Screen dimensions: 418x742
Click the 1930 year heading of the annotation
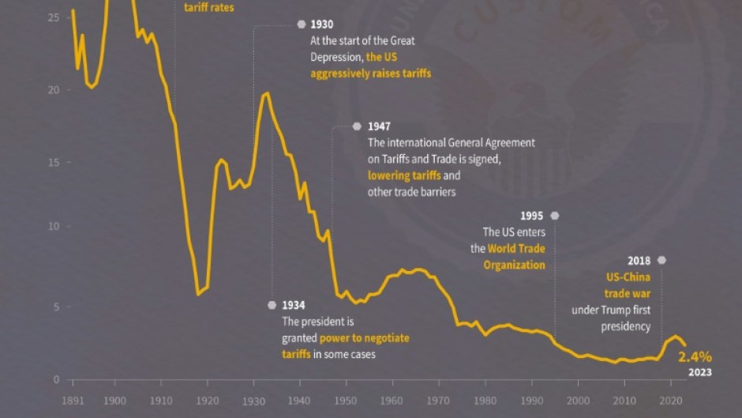click(321, 24)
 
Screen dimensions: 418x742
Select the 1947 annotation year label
click(379, 126)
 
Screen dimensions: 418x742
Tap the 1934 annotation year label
click(294, 305)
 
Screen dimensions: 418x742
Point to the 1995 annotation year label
click(533, 216)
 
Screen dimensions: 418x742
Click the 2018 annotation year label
click(639, 260)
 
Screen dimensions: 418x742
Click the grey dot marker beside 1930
click(301, 24)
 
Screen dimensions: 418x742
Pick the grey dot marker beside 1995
click(554, 216)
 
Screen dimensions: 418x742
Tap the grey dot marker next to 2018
click(661, 260)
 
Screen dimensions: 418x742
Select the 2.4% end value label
click(695, 356)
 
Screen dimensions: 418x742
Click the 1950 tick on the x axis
click(345, 401)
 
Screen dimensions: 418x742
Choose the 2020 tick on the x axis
click(672, 401)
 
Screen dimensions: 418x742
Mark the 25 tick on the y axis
click(54, 17)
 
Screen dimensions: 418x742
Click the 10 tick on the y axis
click(54, 227)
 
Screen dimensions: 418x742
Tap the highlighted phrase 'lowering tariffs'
click(403, 175)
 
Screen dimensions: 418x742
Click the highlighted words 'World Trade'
click(516, 249)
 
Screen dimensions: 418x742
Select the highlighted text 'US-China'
click(628, 278)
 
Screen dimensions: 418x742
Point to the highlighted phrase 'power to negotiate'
click(365, 338)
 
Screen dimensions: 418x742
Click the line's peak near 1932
click(266, 93)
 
